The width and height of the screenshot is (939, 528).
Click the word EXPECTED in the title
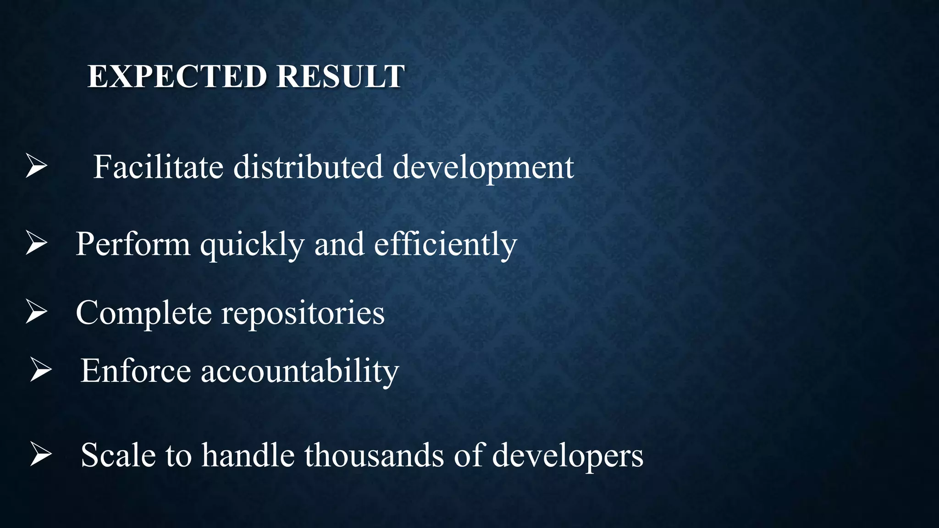(x=177, y=77)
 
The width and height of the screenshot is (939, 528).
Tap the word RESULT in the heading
(x=340, y=77)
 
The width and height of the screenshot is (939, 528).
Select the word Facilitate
(x=158, y=167)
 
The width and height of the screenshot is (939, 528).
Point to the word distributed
(x=308, y=167)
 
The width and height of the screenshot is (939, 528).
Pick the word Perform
(x=133, y=244)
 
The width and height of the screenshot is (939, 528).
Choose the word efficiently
(x=445, y=244)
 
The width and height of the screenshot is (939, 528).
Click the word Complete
(x=144, y=313)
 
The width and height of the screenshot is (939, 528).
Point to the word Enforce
(x=136, y=371)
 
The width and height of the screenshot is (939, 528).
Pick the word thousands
(x=374, y=456)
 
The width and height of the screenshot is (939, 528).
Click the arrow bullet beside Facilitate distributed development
(x=36, y=166)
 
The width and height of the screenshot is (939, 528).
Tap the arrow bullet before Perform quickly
(x=36, y=243)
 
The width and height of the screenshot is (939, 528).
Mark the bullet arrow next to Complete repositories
(x=36, y=312)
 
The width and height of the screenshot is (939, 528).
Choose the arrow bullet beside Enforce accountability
(x=41, y=370)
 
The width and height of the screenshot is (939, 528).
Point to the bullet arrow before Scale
(x=41, y=454)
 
